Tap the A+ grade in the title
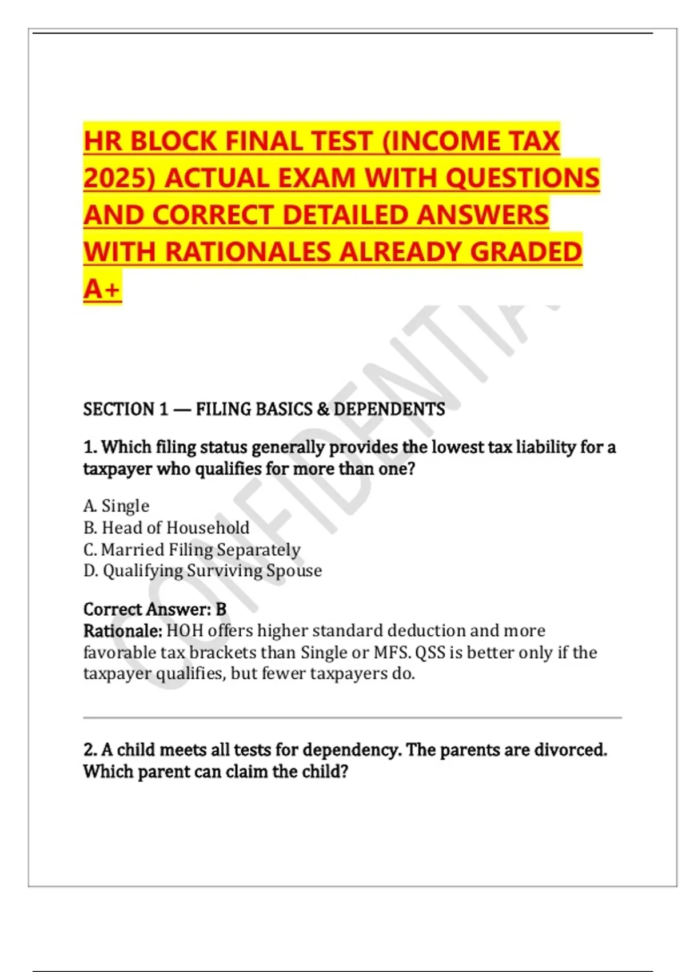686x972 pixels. [102, 289]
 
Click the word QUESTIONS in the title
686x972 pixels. [523, 178]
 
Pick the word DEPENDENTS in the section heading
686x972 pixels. [389, 409]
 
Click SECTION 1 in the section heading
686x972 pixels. [126, 409]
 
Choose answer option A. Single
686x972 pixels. [116, 506]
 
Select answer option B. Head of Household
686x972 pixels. [166, 528]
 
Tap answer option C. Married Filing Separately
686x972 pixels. [192, 549]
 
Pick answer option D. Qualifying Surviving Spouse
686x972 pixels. [202, 571]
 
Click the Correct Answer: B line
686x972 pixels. [155, 610]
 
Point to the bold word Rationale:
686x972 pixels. [123, 631]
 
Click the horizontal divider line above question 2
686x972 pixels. [352, 717]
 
